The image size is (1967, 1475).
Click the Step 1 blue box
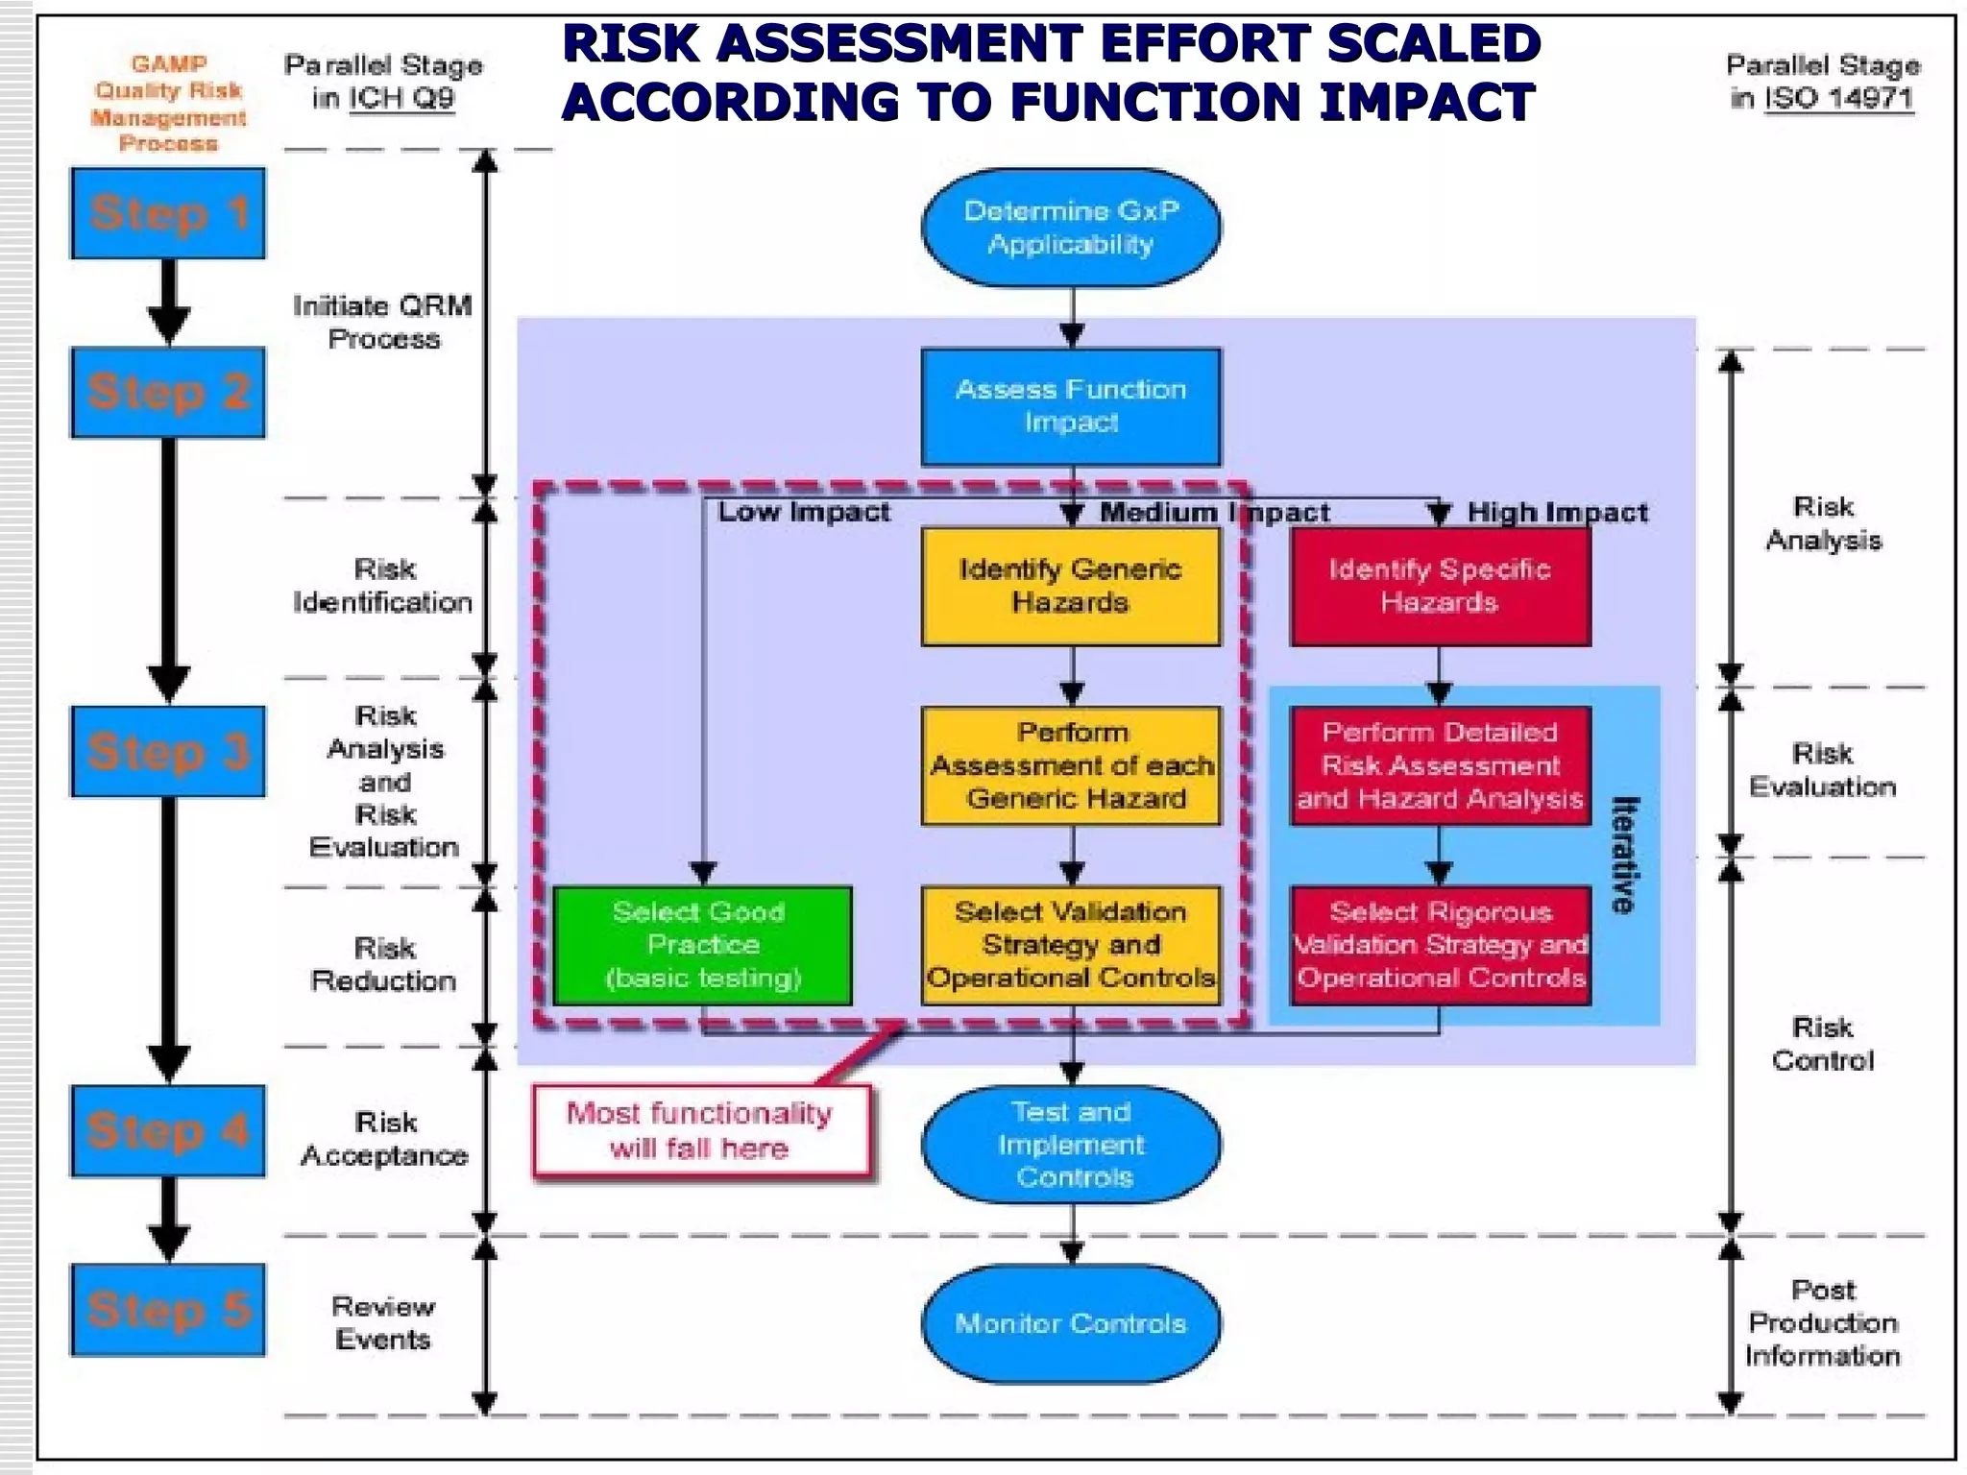tap(168, 213)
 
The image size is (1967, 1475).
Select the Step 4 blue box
tap(168, 1130)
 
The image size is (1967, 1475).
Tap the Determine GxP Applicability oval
tap(1071, 228)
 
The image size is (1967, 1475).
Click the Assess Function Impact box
tap(1071, 406)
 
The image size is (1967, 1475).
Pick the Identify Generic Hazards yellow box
tap(1071, 586)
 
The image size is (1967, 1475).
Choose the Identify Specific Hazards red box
tap(1440, 586)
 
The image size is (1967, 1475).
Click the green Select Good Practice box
tap(702, 945)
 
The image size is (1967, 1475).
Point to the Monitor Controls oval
tap(1071, 1323)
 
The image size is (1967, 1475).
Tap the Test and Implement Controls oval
tap(1071, 1144)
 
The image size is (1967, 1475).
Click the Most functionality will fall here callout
tap(700, 1130)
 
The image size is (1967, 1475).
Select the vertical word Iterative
tap(1623, 855)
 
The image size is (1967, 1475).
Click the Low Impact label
tap(805, 512)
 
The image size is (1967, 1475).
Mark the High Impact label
tap(1557, 513)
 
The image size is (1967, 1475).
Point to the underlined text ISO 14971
tap(1838, 98)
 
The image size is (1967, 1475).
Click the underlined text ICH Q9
tap(401, 98)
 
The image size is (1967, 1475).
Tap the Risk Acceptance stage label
tap(385, 1139)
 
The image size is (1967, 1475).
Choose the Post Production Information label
tap(1823, 1322)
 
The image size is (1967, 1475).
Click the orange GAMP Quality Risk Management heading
tap(168, 104)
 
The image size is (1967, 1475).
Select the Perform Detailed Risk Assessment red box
tap(1440, 765)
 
